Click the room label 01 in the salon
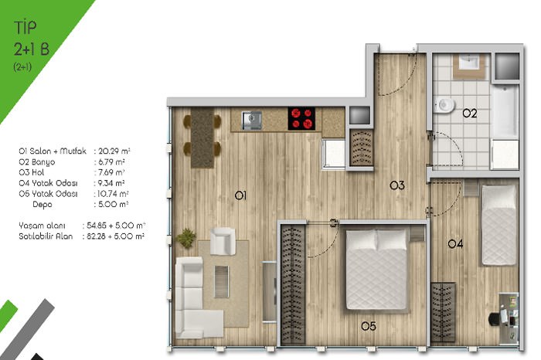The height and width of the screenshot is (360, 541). [240, 195]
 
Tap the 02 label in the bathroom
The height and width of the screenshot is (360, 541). [470, 113]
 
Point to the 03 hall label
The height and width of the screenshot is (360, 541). [397, 185]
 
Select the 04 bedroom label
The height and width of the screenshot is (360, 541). [455, 244]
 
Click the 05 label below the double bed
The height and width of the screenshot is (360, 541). [369, 326]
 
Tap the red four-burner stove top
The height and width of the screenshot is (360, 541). [301, 118]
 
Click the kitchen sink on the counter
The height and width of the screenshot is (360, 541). [251, 121]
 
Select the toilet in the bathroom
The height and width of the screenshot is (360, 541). [444, 104]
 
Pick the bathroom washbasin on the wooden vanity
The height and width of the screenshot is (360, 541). [468, 63]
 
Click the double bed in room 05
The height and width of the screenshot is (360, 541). [376, 270]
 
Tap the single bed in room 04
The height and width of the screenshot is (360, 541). [499, 225]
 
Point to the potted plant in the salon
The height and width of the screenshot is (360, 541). [186, 238]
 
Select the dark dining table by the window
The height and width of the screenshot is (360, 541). [202, 138]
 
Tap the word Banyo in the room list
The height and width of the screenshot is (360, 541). [43, 162]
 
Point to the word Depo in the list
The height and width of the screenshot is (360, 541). [42, 205]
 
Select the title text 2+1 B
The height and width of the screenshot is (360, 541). [32, 49]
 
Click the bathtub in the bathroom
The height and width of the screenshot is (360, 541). [505, 111]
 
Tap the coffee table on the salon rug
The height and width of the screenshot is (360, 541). [221, 282]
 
